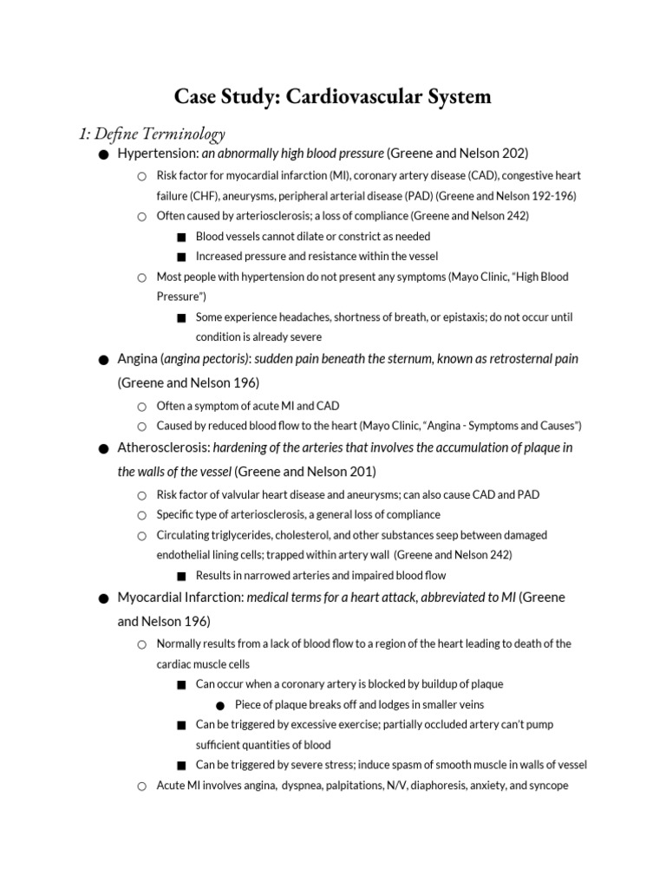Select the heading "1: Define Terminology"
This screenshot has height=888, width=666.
click(x=152, y=134)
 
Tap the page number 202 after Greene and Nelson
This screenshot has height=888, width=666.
click(x=511, y=153)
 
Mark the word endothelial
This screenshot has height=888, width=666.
click(x=188, y=555)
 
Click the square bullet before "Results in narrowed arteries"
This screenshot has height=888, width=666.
click(x=181, y=576)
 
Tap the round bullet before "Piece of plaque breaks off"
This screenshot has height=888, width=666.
click(x=220, y=705)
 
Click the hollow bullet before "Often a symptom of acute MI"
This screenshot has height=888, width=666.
click(x=141, y=405)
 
